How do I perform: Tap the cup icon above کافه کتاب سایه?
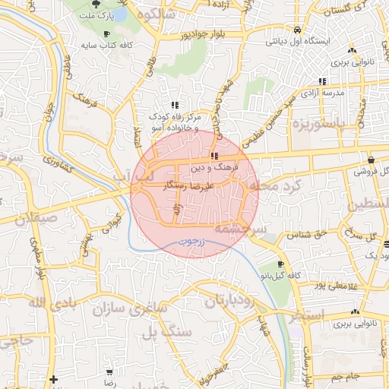click(x=106, y=34)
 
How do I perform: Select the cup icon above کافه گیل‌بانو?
click(x=281, y=264)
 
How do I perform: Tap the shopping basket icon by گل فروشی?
click(x=370, y=160)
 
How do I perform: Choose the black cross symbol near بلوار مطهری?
click(x=52, y=378)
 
